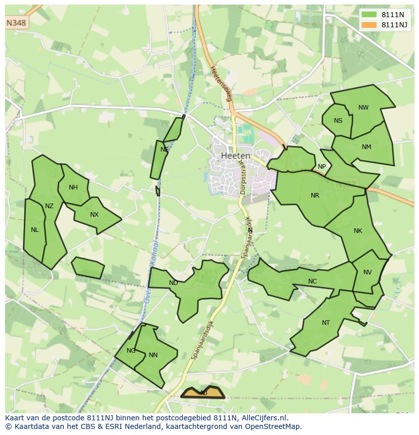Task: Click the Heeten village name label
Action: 235,156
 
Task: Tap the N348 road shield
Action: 17,23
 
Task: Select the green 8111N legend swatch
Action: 369,15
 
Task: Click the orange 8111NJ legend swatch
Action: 369,25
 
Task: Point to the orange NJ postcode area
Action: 203,393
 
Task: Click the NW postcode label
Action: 363,107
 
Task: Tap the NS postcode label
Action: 338,120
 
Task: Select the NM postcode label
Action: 366,147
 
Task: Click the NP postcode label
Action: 322,167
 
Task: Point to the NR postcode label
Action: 315,196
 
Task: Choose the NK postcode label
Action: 358,231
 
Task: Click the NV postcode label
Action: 367,272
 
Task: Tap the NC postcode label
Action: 312,281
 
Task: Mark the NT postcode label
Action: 325,323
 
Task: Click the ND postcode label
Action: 174,283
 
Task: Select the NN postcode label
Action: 153,355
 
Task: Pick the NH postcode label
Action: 73,187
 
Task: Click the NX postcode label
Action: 94,215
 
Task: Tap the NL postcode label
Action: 34,230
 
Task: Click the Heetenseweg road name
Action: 221,83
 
